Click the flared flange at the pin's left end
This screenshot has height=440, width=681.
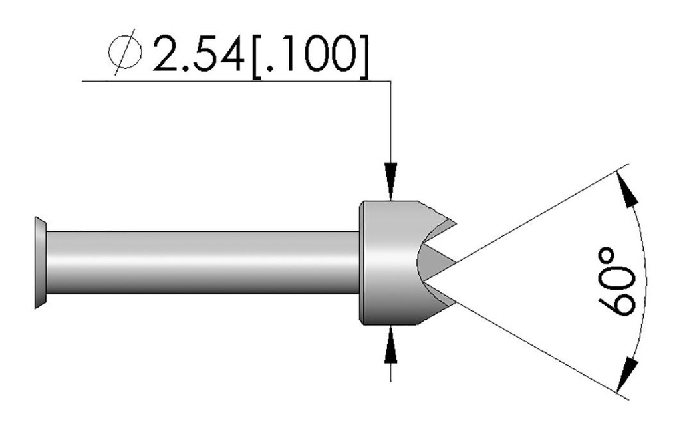(x=41, y=263)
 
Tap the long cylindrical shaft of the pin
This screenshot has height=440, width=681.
(x=200, y=263)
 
